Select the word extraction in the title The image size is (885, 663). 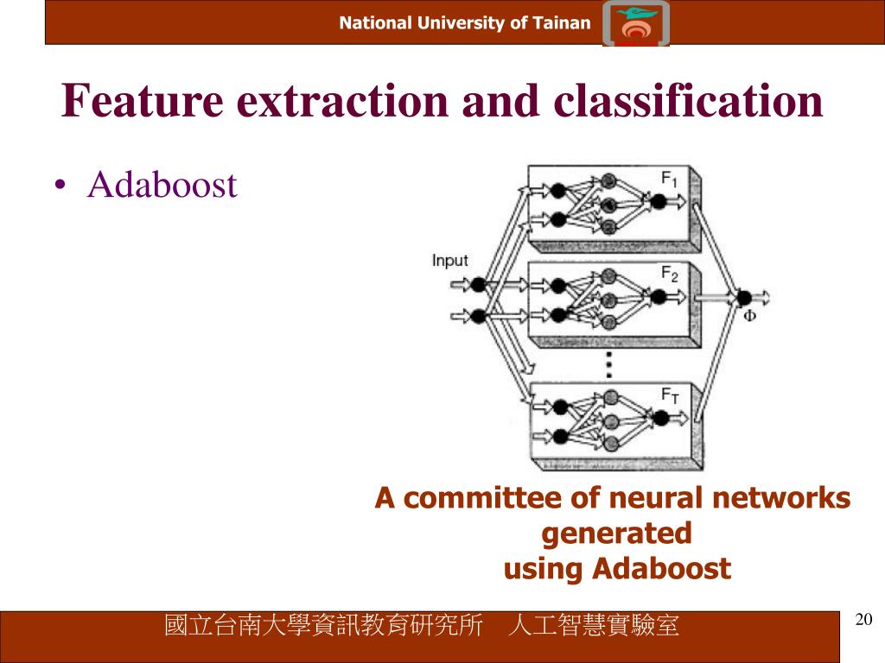click(342, 102)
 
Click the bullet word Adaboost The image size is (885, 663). click(162, 185)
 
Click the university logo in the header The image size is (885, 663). click(636, 23)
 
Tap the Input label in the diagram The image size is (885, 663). click(449, 261)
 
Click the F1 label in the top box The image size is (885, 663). click(670, 180)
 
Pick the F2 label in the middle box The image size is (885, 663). click(670, 274)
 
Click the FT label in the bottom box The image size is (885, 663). click(671, 395)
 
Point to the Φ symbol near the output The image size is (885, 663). click(749, 316)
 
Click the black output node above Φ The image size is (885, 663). click(744, 298)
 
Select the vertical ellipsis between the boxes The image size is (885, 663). click(609, 364)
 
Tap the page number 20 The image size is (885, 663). click(863, 619)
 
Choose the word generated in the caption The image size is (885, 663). click(616, 534)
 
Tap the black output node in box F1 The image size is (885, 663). click(658, 200)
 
